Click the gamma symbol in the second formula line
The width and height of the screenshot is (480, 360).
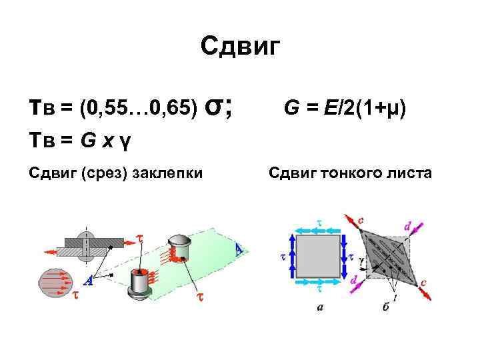click(x=125, y=141)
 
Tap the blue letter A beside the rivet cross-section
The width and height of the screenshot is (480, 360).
click(x=88, y=281)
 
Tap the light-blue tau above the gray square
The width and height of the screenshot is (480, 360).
click(x=318, y=224)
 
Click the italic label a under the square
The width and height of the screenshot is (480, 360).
click(x=320, y=307)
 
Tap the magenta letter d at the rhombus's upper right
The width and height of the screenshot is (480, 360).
click(x=407, y=227)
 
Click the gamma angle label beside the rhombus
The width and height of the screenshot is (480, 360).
click(x=361, y=257)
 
